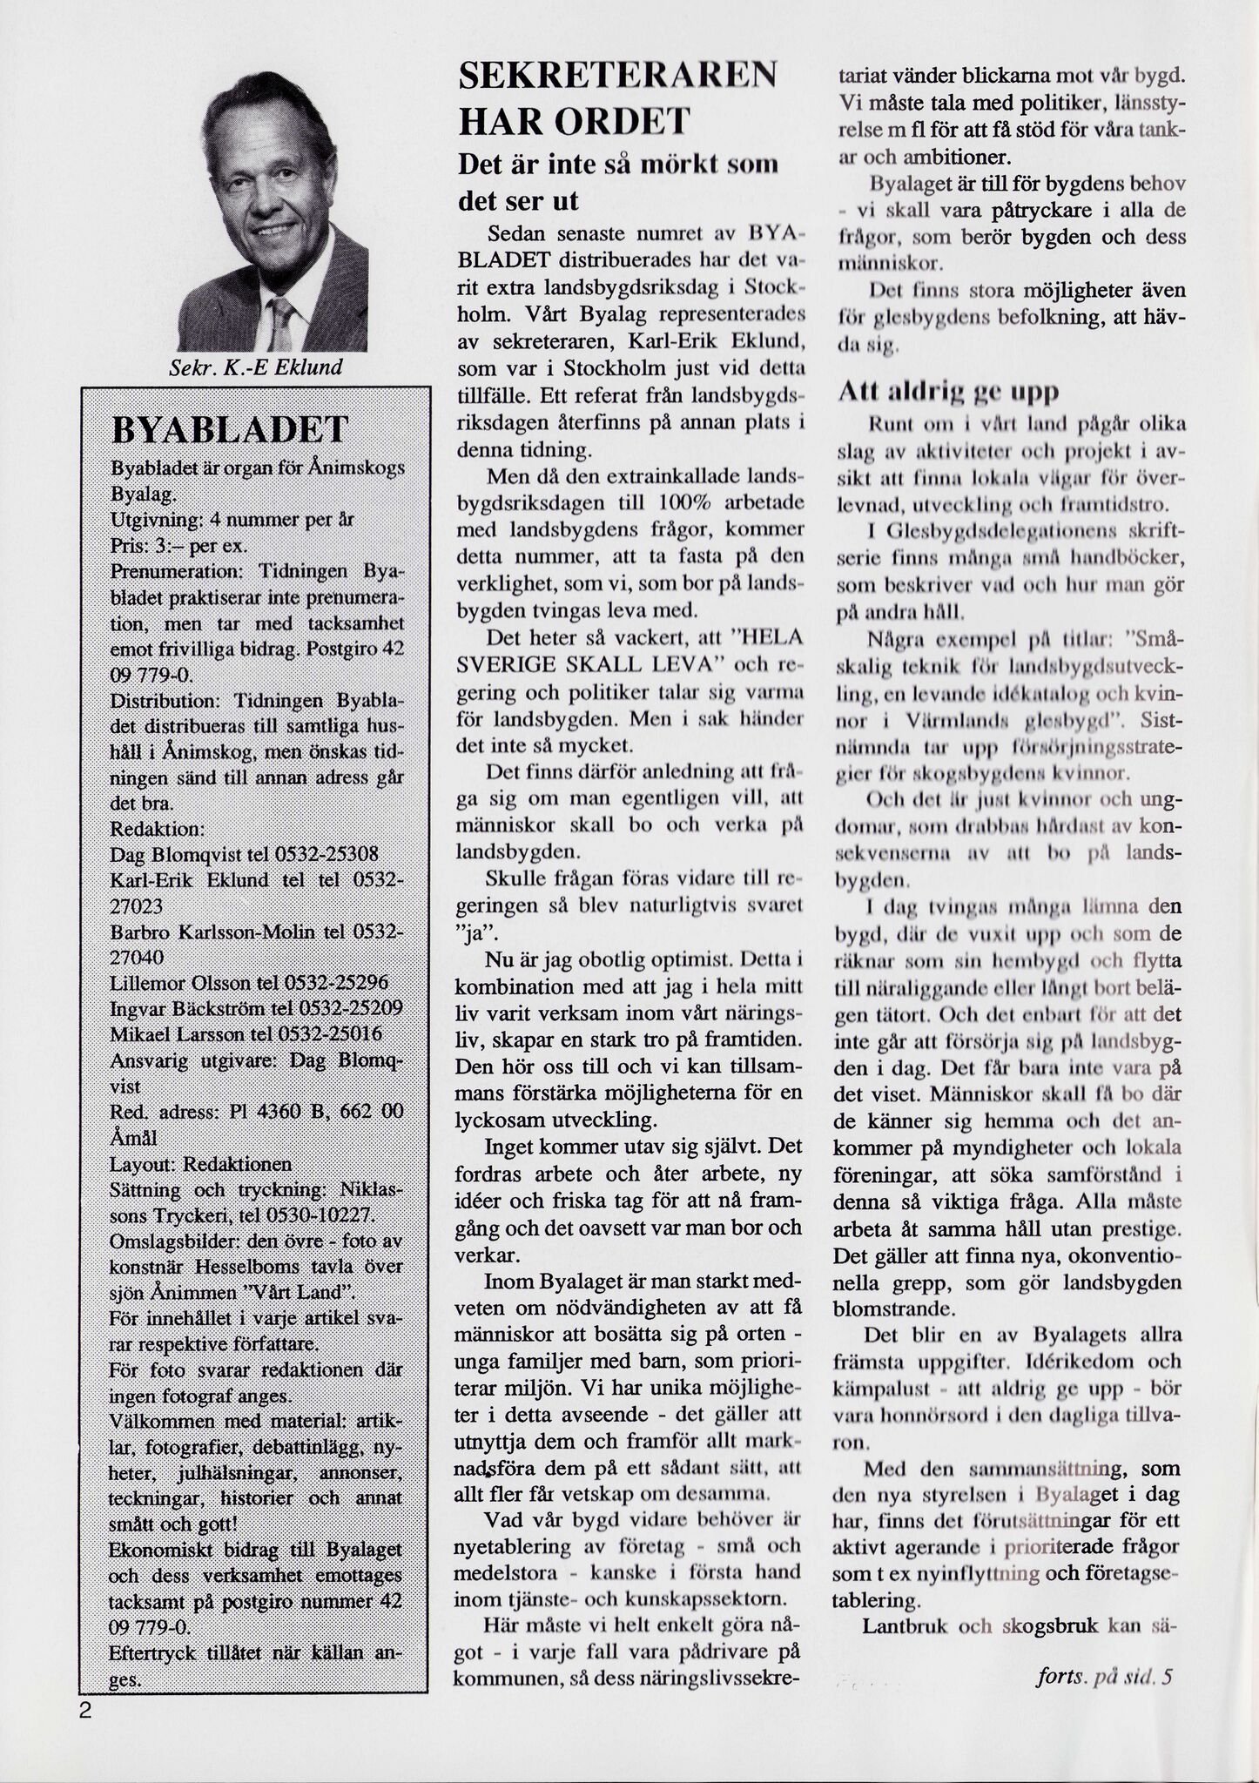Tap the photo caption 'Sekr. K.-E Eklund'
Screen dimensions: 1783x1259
coord(255,367)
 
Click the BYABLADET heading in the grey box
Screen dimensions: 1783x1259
coord(230,429)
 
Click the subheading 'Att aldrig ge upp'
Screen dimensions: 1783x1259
coord(948,392)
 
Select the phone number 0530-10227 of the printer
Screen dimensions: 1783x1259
coord(323,1214)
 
